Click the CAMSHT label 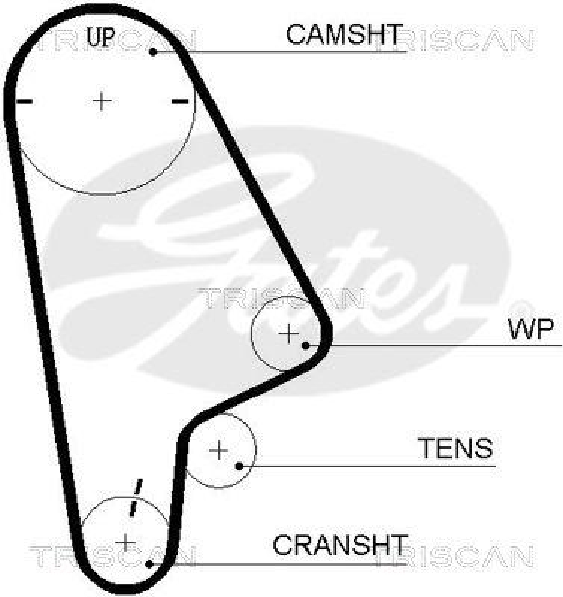click(344, 34)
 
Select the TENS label click(455, 448)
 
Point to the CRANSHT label click(340, 546)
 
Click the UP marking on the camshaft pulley click(101, 36)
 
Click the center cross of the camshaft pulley click(102, 100)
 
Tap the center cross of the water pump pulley click(288, 334)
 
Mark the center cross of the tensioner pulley click(219, 450)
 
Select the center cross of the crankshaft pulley click(125, 541)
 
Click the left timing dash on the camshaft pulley click(25, 101)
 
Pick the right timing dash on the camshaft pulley click(179, 101)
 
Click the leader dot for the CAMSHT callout click(152, 51)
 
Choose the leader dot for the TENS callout click(239, 466)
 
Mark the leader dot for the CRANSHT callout click(151, 563)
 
